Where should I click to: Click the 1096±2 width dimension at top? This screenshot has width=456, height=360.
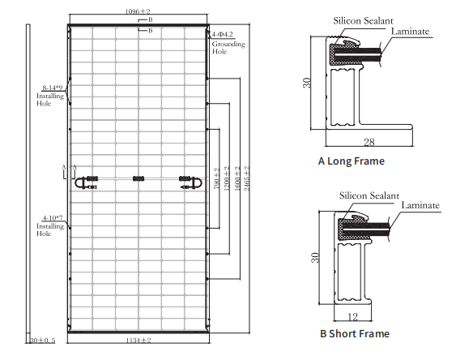[x=138, y=11]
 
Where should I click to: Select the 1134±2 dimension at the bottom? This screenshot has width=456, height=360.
[x=139, y=340]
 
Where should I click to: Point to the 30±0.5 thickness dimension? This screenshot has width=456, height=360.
[x=42, y=340]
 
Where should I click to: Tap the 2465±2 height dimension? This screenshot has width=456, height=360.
[x=246, y=178]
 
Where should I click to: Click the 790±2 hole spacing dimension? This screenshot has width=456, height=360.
[x=216, y=178]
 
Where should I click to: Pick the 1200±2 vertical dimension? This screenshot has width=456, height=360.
[x=227, y=178]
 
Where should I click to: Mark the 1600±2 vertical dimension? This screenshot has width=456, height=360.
[x=237, y=178]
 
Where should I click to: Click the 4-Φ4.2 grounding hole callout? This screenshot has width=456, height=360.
[x=222, y=34]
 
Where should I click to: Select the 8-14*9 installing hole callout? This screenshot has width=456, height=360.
[x=53, y=88]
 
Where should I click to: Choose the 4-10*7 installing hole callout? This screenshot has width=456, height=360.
[x=53, y=217]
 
